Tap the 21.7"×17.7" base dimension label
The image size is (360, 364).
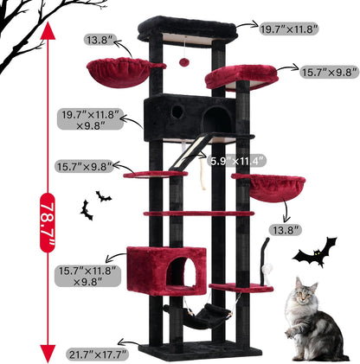[98, 354]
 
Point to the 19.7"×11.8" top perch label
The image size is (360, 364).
[289, 29]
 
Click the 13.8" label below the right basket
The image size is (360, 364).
[285, 229]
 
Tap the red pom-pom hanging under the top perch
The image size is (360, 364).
[184, 61]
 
